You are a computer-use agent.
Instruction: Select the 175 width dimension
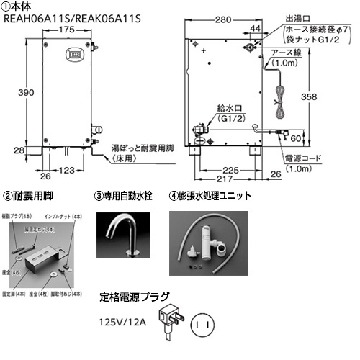click(69, 30)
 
